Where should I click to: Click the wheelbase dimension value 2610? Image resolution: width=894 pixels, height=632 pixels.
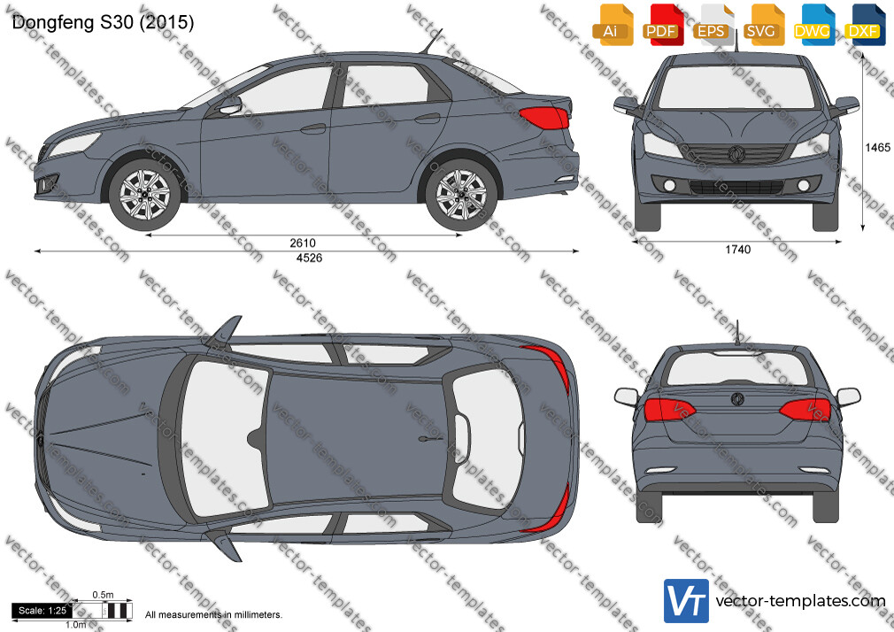[303, 243]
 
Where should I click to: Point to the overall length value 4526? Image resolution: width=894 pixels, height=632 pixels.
[309, 258]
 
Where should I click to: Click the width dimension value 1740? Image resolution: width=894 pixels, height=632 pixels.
[738, 250]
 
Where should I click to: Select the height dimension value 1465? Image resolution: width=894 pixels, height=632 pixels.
[877, 147]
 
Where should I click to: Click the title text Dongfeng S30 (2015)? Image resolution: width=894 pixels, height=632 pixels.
[104, 22]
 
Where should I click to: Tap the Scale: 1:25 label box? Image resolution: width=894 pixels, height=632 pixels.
[42, 611]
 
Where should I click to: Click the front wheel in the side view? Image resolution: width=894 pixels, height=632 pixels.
[145, 195]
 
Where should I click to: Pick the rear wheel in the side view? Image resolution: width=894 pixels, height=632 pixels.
[460, 195]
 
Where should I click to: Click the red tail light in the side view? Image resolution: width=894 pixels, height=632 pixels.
[544, 118]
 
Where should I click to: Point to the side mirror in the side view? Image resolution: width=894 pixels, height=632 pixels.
[230, 106]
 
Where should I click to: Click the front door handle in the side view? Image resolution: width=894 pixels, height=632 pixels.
[313, 129]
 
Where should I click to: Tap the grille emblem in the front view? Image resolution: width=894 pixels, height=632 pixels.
[736, 154]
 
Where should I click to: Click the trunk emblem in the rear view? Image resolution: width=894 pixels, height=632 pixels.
[737, 398]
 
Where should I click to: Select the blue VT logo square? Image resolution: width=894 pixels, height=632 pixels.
[687, 601]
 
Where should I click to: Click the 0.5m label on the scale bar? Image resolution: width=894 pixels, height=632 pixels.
[103, 595]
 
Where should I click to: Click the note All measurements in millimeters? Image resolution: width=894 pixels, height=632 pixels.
[213, 615]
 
